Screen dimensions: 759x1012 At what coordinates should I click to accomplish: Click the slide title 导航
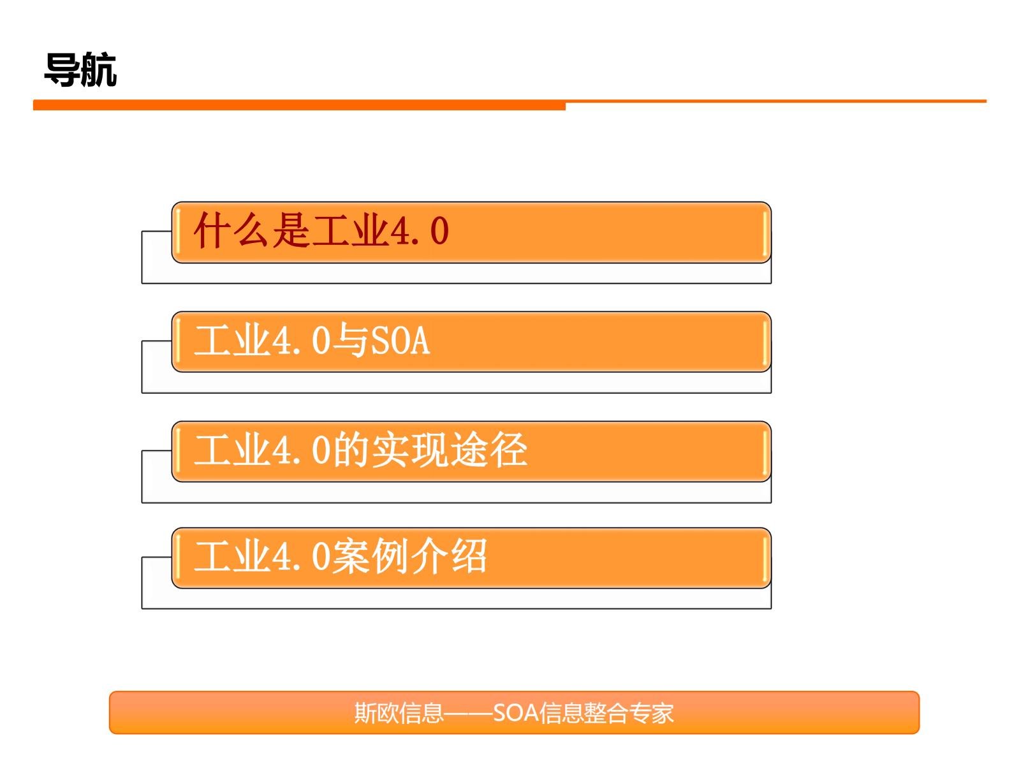[x=80, y=70]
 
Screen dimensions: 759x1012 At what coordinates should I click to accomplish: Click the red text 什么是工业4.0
[x=321, y=231]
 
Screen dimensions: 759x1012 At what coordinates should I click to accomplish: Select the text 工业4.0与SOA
[x=312, y=341]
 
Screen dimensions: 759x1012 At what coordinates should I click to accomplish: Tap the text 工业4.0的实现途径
[x=360, y=450]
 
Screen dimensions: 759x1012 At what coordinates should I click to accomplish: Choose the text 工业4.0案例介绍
[x=341, y=557]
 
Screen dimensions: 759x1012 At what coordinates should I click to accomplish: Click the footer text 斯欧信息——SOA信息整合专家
[x=513, y=713]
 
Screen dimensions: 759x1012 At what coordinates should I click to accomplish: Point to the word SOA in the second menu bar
[x=400, y=341]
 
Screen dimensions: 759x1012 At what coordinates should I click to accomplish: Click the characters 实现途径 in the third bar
[x=449, y=450]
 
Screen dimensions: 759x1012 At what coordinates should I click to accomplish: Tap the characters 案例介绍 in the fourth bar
[x=410, y=557]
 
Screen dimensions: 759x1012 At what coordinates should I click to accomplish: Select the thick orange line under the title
[x=299, y=105]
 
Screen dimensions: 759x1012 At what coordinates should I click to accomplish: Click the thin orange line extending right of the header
[x=775, y=101]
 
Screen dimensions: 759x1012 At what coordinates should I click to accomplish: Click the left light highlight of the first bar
[x=179, y=232]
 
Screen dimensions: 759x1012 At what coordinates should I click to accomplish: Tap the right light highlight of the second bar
[x=764, y=342]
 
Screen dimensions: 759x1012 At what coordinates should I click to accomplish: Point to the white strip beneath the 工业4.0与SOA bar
[x=456, y=383]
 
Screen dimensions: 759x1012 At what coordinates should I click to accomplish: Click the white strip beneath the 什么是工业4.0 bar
[x=456, y=273]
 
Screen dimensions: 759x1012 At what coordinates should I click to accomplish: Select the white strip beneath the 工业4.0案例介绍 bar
[x=456, y=598]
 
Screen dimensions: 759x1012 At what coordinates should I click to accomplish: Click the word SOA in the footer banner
[x=516, y=713]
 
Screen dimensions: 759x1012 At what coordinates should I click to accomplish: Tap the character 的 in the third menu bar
[x=351, y=450]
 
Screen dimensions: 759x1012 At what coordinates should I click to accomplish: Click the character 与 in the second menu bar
[x=351, y=341]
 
